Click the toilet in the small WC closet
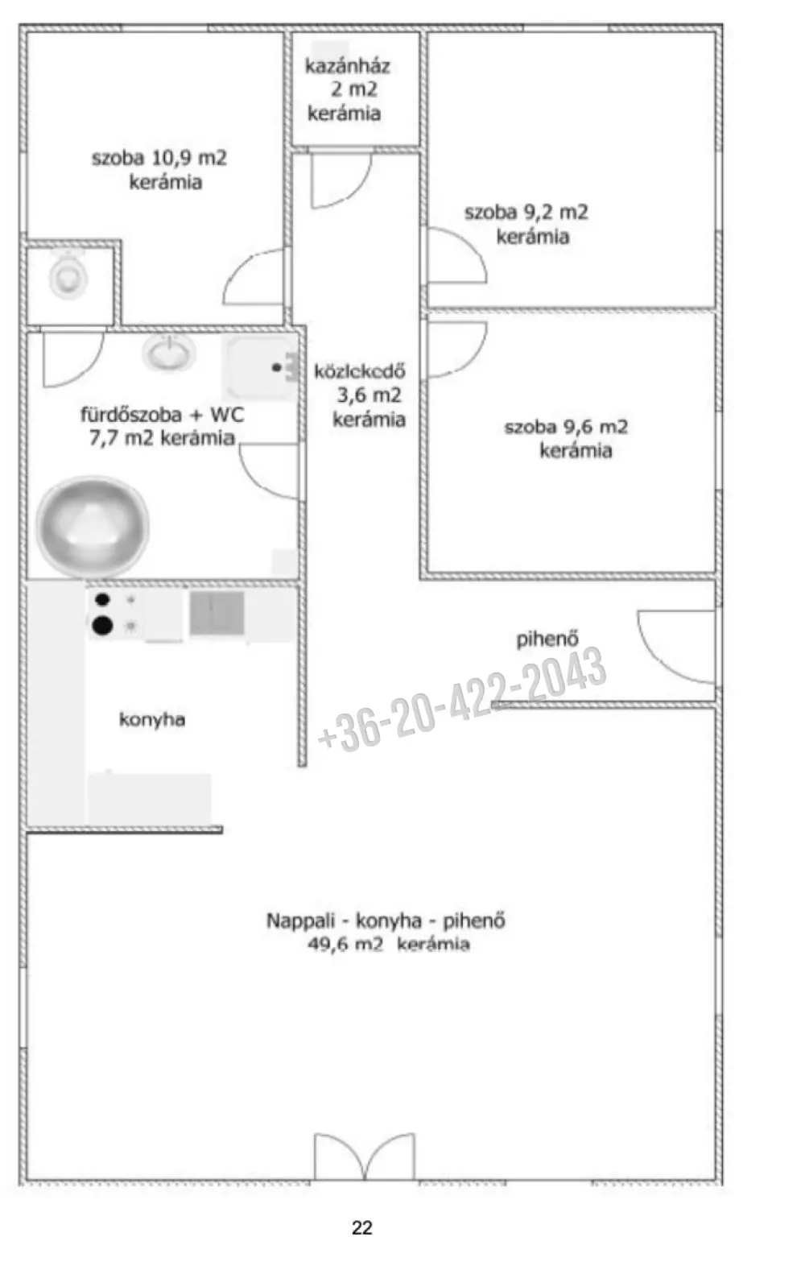click(x=68, y=277)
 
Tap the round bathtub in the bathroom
click(x=93, y=526)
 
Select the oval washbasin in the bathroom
click(x=168, y=354)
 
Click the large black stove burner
click(x=102, y=626)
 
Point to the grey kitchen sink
click(x=217, y=613)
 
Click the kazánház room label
click(x=348, y=89)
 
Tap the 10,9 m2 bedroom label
click(x=160, y=170)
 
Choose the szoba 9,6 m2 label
click(x=567, y=438)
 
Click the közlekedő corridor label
click(x=361, y=395)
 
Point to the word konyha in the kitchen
click(x=152, y=719)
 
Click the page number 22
click(x=362, y=1227)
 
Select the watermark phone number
click(x=462, y=699)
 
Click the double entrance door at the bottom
click(x=365, y=1156)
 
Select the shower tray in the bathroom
click(x=261, y=368)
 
